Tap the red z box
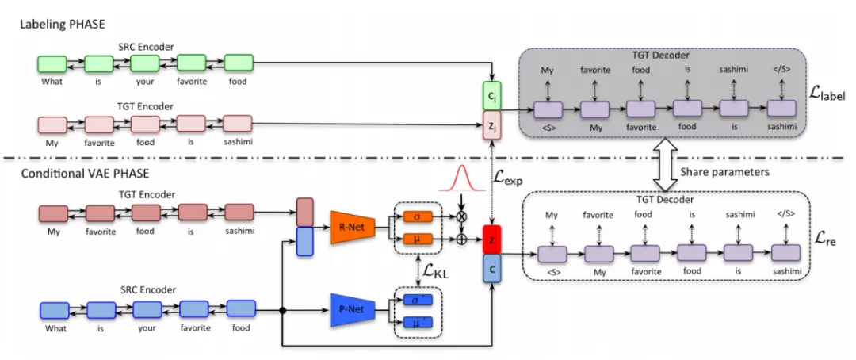[491, 240]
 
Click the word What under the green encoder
[54, 81]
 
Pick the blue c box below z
[491, 269]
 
